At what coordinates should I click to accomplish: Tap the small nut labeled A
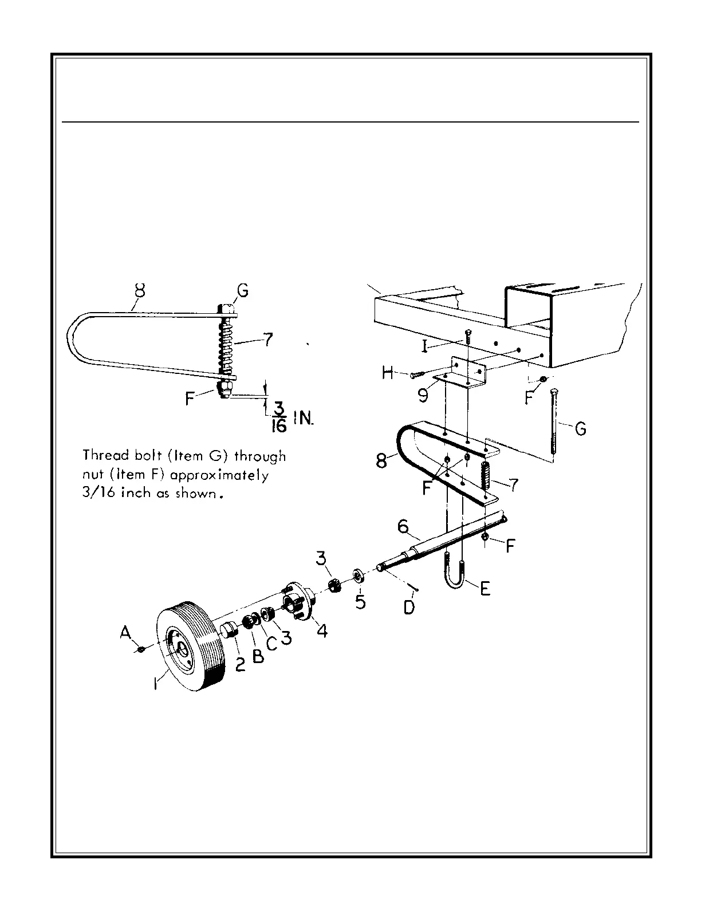point(140,649)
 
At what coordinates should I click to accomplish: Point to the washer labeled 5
point(358,575)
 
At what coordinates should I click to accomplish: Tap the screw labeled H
point(417,374)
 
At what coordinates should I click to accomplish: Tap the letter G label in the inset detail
point(243,291)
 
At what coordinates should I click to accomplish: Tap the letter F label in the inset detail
point(191,399)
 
